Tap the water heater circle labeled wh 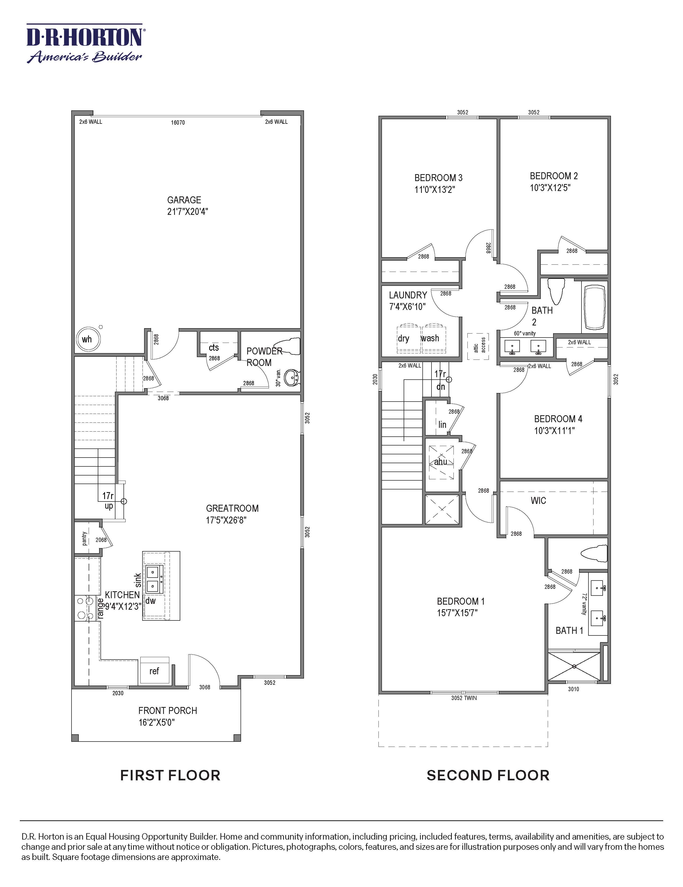point(88,339)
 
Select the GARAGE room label point(184,200)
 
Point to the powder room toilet point(288,346)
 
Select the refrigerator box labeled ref point(154,671)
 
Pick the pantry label point(84,538)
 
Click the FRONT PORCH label point(167,710)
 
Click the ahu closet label point(441,462)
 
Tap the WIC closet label point(538,500)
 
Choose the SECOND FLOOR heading point(488,775)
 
